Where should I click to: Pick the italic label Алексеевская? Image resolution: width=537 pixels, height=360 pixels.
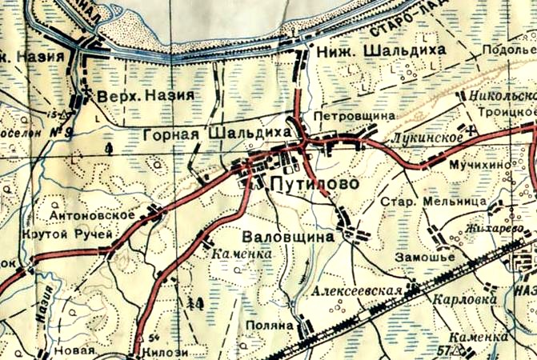(356, 292)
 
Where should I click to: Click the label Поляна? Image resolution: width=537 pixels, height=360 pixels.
(271, 326)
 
